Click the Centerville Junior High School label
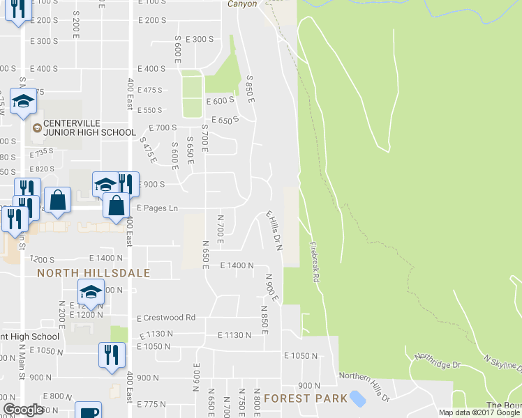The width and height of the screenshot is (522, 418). pos(89,127)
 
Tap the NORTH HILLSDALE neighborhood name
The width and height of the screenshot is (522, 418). pos(94,273)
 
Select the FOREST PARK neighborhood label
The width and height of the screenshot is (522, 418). pos(306,398)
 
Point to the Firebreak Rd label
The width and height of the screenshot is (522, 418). pos(315,261)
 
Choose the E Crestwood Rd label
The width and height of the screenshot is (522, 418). pos(166,318)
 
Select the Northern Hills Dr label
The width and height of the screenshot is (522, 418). pos(361,376)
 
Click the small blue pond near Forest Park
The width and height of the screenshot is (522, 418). pos(357,398)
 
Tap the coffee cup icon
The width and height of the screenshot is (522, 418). pos(88,411)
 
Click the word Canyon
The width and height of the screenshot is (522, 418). pos(242,3)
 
